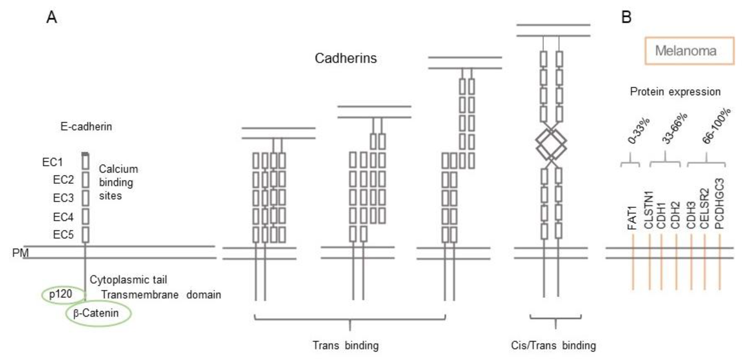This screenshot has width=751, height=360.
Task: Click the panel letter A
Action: pos(52,17)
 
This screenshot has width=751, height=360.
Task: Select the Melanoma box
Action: pos(689,51)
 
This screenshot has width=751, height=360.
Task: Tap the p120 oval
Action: pos(61,294)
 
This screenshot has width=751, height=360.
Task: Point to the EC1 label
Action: pos(52,162)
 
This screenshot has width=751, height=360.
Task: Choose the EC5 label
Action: pos(63,234)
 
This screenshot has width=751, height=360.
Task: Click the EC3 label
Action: pos(63,198)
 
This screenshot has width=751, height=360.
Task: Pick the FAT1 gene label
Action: pos(632,217)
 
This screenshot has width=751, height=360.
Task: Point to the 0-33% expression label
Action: pos(639,130)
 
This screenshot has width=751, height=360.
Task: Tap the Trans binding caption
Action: pos(346,346)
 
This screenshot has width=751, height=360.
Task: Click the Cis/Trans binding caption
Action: pos(553,346)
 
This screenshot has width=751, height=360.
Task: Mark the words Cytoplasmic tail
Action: pos(128,280)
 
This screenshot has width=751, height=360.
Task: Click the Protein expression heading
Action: pos(675,92)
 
